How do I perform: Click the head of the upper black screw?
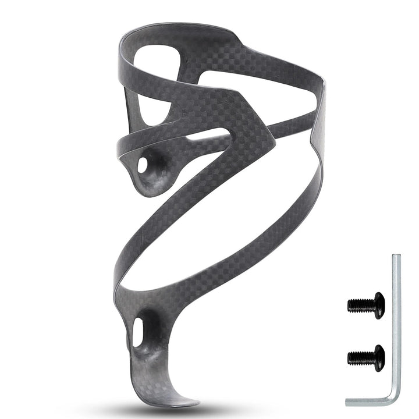tap(379, 305)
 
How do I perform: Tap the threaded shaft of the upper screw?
tap(361, 304)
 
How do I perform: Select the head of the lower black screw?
tap(379, 357)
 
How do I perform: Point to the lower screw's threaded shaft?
tap(361, 356)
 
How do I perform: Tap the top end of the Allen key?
tap(396, 257)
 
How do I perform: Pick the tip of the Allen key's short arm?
tap(349, 401)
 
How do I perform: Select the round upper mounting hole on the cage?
tap(143, 166)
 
